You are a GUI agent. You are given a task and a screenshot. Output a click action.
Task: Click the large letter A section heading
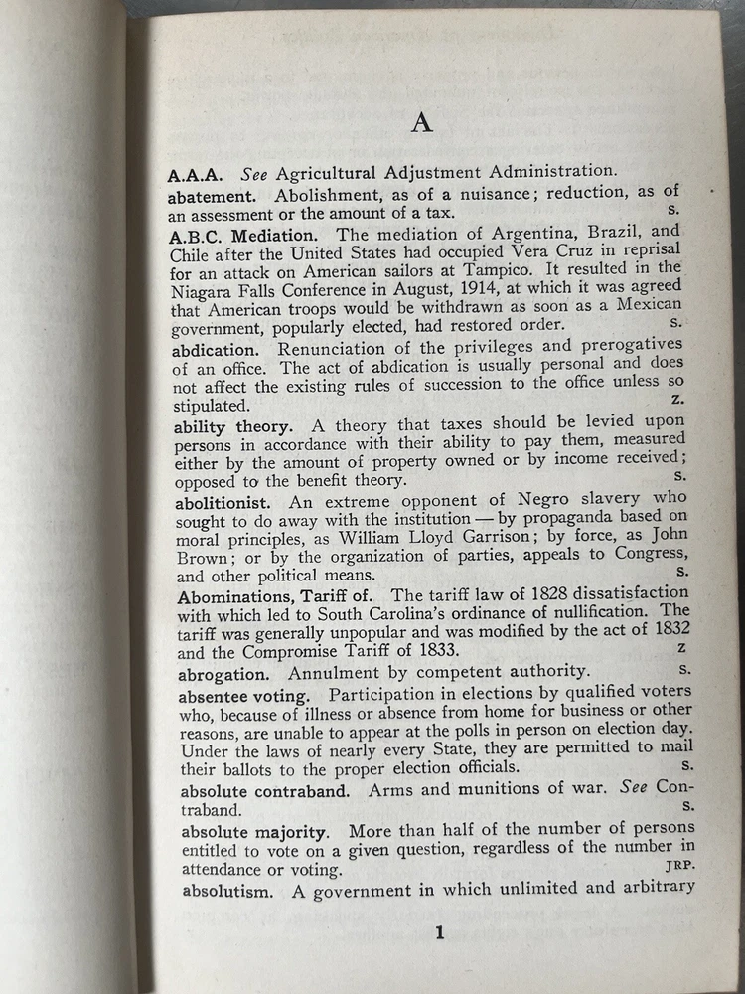click(x=422, y=122)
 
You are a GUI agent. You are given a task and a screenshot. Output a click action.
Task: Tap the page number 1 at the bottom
click(x=438, y=931)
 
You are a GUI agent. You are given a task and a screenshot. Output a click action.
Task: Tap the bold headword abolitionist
click(x=226, y=499)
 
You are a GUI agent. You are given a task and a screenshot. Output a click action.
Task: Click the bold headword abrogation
click(x=222, y=673)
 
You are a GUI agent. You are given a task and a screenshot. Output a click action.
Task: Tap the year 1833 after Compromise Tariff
click(x=435, y=653)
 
